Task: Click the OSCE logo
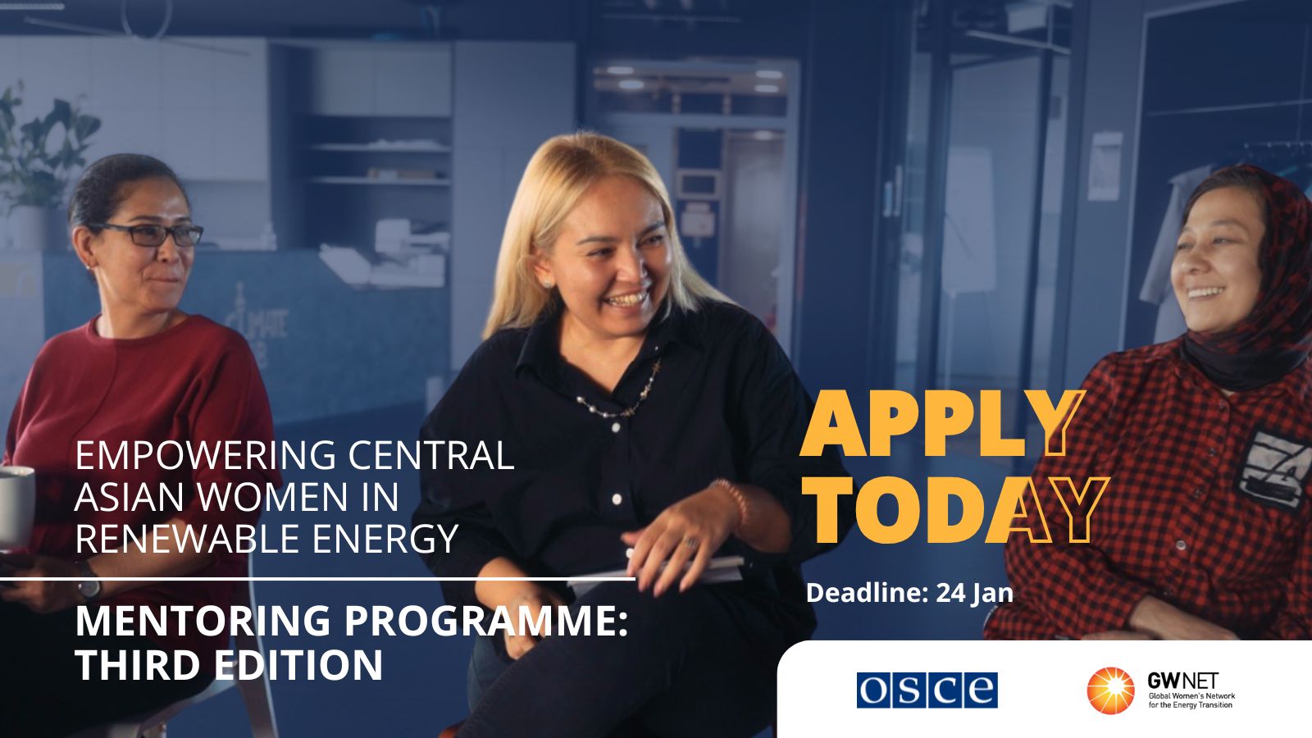(x=927, y=690)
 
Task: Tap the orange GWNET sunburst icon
(x=1110, y=690)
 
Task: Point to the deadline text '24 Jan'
(x=975, y=593)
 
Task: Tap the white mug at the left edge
(x=16, y=508)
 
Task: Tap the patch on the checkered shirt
(x=1276, y=468)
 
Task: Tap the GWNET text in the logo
(x=1183, y=681)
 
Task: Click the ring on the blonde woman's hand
(x=691, y=543)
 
